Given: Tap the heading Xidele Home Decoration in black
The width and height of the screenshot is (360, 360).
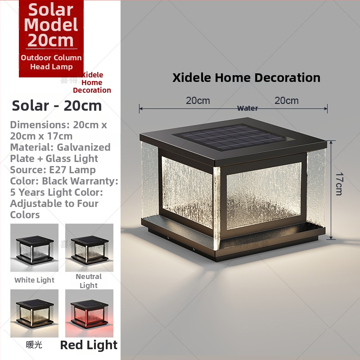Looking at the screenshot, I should (x=246, y=77).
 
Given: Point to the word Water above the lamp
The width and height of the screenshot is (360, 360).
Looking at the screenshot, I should (x=247, y=108).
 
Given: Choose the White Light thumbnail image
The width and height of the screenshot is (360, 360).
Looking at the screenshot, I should (x=34, y=247).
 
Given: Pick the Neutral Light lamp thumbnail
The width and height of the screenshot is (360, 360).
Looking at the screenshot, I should (x=89, y=247).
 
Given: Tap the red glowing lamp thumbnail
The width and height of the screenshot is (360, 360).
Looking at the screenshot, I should (x=89, y=313).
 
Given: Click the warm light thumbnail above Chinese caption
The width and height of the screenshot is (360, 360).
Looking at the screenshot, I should (x=34, y=313).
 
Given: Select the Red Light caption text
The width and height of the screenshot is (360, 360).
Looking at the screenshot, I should (x=89, y=345).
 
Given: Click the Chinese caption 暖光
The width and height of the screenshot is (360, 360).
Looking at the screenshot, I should (x=34, y=345).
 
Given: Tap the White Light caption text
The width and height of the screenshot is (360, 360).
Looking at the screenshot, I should (x=34, y=280).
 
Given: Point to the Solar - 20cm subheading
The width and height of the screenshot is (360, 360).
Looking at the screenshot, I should (x=57, y=106).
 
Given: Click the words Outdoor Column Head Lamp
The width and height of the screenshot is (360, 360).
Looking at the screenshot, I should (x=51, y=62).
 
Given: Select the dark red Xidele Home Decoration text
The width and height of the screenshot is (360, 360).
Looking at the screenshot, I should (x=92, y=82).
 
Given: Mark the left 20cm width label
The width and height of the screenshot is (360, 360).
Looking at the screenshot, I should (x=198, y=100).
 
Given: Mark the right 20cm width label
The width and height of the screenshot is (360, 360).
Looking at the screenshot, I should (x=287, y=100).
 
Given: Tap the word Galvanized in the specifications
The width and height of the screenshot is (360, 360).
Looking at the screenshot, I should (x=83, y=147).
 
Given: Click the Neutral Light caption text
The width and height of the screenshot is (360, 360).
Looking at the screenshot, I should (x=89, y=281).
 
